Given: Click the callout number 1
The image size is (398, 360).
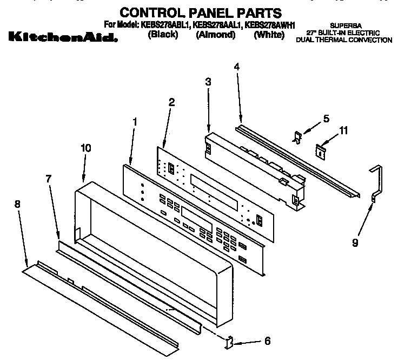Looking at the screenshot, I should [x=135, y=122].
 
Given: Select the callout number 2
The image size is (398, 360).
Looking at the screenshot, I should [x=171, y=101].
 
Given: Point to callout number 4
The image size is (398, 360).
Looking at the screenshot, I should [x=236, y=67].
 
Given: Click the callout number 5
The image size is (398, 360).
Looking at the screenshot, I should [x=326, y=119].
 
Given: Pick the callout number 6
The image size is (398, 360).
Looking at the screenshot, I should [x=268, y=341].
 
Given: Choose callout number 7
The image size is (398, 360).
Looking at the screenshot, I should [x=49, y=178].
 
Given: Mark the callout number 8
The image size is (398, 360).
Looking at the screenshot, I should [x=17, y=204].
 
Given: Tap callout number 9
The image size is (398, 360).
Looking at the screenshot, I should [x=355, y=243].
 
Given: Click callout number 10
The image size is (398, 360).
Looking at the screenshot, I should [x=85, y=147].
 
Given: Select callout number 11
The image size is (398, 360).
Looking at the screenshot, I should [x=343, y=130].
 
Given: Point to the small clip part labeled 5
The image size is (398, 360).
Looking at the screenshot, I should [x=297, y=138].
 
